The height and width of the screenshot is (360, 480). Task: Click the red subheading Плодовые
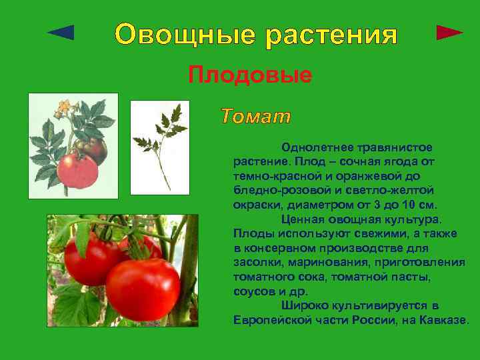[250, 75]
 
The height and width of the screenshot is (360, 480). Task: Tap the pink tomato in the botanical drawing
[77, 169]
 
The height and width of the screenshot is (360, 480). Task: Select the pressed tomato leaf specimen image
[160, 147]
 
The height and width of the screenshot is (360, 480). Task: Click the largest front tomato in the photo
[143, 288]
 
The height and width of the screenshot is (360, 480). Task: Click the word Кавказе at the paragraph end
[443, 321]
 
